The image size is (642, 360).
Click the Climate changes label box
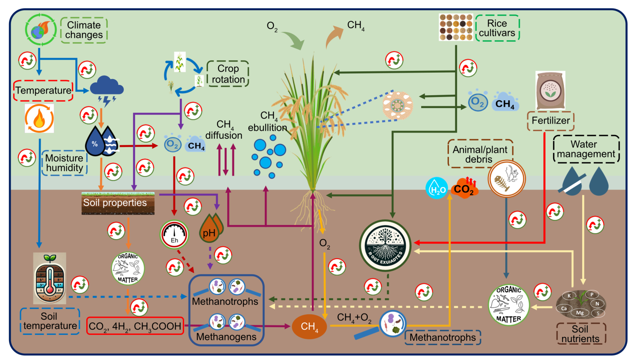(84, 30)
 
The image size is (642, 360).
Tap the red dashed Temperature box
(43, 91)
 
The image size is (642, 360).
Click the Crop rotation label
(228, 74)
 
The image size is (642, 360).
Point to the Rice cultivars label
(497, 28)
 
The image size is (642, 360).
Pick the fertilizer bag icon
(550, 91)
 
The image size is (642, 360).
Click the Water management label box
(586, 149)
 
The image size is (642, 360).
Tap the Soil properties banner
(118, 203)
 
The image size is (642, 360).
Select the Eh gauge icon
(174, 234)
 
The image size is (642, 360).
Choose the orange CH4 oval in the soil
(309, 327)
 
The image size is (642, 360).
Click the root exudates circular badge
(385, 246)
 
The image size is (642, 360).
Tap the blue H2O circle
(437, 188)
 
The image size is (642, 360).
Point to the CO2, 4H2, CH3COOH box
(135, 326)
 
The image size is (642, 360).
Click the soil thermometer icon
(50, 278)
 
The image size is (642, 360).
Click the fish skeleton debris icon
(506, 179)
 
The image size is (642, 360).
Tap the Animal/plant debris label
(480, 154)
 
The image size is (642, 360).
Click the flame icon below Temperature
(39, 118)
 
